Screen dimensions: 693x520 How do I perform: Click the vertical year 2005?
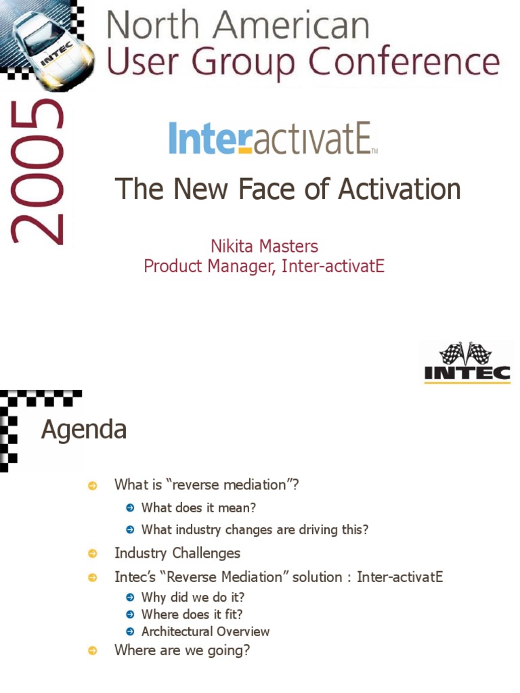(x=37, y=173)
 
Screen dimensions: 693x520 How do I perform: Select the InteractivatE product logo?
(x=272, y=139)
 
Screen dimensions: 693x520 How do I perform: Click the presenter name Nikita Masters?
(x=264, y=246)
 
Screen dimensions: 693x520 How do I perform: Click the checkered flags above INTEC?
(x=467, y=352)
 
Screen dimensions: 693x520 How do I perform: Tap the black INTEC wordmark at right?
(x=467, y=372)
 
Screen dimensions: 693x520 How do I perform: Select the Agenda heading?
(x=84, y=430)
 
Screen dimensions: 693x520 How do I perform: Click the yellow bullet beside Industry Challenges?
(x=93, y=554)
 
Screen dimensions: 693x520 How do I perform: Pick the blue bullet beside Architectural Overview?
(x=130, y=632)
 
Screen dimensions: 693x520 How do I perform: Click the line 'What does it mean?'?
(x=198, y=508)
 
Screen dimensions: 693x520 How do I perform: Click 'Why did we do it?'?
(x=193, y=598)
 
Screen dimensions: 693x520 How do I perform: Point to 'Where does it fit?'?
(x=192, y=614)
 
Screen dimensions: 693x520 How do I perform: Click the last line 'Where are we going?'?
(x=182, y=650)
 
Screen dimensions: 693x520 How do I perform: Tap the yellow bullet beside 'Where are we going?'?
(x=93, y=651)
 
